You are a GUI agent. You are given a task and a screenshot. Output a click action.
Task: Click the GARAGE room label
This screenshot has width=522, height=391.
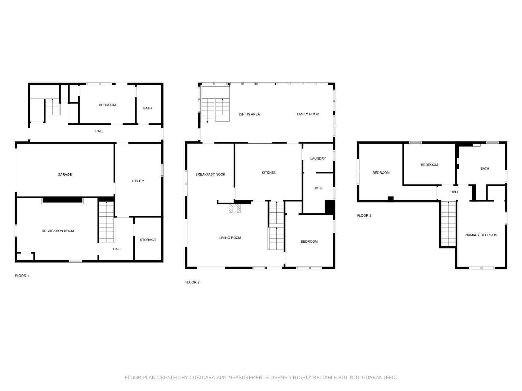65,175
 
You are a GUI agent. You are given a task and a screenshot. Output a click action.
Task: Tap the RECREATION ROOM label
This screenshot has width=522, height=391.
58,231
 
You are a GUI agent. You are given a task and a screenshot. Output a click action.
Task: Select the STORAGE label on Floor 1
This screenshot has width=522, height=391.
148,240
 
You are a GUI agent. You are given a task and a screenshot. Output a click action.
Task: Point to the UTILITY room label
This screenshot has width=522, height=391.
138,181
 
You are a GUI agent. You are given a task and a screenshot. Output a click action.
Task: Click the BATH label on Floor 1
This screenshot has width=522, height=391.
147,108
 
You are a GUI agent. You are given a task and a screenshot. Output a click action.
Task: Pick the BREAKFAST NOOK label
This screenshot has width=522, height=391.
210,174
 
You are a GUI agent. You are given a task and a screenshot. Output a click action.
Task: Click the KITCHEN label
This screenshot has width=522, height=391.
269,173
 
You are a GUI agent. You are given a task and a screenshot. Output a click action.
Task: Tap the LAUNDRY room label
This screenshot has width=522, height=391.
318,159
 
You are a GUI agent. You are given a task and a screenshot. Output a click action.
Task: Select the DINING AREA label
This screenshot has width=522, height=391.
249,114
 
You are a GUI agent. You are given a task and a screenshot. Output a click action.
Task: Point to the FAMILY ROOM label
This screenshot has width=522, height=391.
308,114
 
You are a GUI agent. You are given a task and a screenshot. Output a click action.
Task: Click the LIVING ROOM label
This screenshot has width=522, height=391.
230,238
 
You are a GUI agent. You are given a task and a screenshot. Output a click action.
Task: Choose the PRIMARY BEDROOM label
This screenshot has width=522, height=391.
481,235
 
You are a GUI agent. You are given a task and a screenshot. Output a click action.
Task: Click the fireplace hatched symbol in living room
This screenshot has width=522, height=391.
235,209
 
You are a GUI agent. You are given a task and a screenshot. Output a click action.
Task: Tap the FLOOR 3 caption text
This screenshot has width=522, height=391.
364,216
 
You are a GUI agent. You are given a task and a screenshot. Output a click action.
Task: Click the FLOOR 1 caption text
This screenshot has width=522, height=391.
22,276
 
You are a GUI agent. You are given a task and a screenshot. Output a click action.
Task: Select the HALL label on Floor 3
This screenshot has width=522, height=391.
454,192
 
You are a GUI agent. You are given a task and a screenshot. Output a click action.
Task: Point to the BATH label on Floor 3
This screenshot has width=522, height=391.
484,169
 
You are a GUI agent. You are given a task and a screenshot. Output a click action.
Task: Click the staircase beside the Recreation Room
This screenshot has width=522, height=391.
106,222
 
